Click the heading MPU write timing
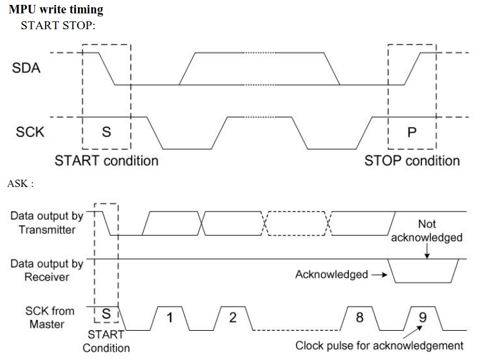[x=56, y=10]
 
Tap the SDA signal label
[x=26, y=68]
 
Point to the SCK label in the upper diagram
[x=29, y=132]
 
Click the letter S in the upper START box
[x=106, y=132]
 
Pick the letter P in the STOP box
[x=412, y=132]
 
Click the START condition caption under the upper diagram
[x=107, y=161]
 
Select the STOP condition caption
[x=412, y=161]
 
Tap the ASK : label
[x=20, y=183]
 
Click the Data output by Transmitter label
[x=46, y=222]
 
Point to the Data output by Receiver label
[x=46, y=270]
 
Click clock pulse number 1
[x=170, y=317]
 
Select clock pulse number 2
[x=233, y=317]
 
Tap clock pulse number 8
[x=359, y=317]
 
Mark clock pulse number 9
[x=423, y=317]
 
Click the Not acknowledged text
[x=427, y=231]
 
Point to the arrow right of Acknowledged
[x=379, y=275]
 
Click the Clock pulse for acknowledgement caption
[x=379, y=346]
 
